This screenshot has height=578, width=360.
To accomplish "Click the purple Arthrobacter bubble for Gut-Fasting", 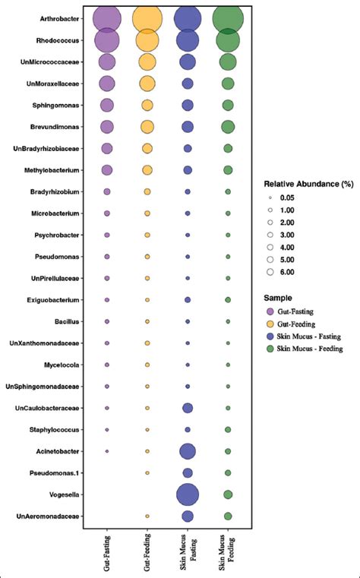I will pyautogui.click(x=107, y=18).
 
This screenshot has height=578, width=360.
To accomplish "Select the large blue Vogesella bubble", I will pyautogui.click(x=188, y=494).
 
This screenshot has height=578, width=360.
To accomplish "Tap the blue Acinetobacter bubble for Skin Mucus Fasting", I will pyautogui.click(x=188, y=452).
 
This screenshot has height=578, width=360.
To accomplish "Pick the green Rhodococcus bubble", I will pyautogui.click(x=228, y=40).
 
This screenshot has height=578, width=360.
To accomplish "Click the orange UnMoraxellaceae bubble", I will pyautogui.click(x=147, y=84).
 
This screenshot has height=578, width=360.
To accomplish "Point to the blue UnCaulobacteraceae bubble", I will pyautogui.click(x=188, y=409).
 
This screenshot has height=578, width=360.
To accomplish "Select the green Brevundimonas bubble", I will pyautogui.click(x=228, y=126).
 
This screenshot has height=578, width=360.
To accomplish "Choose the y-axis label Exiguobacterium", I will pyautogui.click(x=57, y=300).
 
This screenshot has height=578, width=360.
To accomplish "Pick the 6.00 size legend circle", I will pyautogui.click(x=270, y=272).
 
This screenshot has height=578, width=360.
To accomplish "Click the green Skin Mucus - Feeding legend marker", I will pyautogui.click(x=270, y=349).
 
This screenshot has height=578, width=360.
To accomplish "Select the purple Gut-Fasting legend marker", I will pyautogui.click(x=270, y=311).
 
